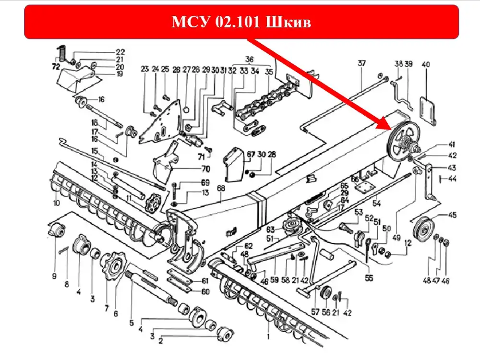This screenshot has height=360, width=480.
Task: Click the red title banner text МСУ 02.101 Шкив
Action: click(241, 23)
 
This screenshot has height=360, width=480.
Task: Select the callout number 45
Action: click(452, 215)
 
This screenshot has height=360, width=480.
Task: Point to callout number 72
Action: click(56, 66)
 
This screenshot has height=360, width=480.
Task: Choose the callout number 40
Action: click(425, 64)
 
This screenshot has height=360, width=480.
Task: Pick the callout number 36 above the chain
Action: click(249, 60)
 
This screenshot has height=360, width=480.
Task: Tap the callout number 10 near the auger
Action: click(57, 204)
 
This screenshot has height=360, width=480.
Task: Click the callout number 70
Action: click(205, 169)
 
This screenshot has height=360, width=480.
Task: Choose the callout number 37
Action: click(361, 63)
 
